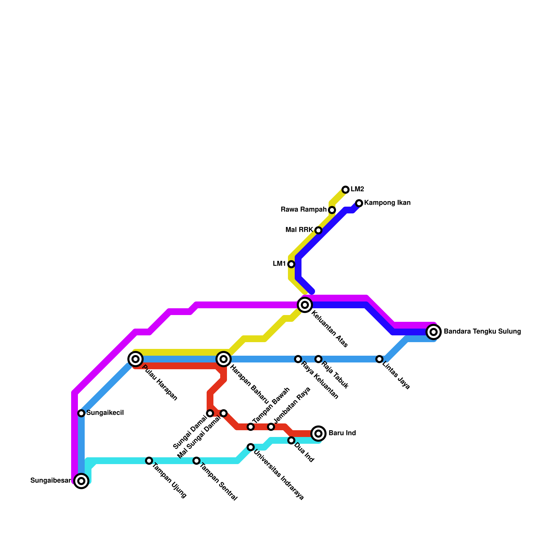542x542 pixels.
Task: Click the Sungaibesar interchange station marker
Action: (81, 481)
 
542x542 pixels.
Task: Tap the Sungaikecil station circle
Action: (81, 413)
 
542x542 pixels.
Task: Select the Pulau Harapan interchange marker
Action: (135, 359)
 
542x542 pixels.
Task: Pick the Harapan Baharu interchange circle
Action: (224, 359)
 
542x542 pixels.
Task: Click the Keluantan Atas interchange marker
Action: (305, 305)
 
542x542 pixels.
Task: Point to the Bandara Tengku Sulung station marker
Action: (434, 332)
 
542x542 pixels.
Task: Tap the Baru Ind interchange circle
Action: (318, 433)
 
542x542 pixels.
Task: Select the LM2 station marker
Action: (346, 189)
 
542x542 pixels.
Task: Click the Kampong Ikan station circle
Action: (359, 203)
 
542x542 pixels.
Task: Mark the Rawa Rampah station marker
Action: (332, 210)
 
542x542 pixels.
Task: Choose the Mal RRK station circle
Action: (318, 230)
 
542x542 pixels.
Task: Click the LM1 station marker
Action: (291, 264)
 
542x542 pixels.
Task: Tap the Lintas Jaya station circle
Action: (379, 359)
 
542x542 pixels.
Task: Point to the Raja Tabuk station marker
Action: (318, 359)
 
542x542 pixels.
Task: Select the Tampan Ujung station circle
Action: (149, 460)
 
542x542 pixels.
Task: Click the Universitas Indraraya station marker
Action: (251, 447)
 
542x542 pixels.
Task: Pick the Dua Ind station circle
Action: (291, 440)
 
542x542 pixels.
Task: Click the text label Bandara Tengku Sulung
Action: (482, 332)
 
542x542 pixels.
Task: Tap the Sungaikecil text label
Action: (105, 413)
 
